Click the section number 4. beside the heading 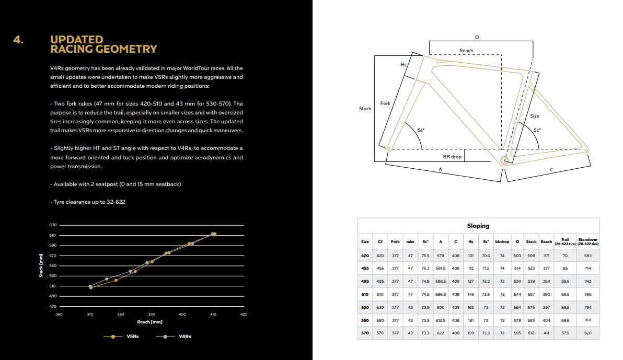click(x=19, y=40)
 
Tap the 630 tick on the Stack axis click(x=53, y=225)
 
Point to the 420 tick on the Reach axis click(x=244, y=315)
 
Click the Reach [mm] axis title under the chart click(x=149, y=322)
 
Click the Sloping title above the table click(x=478, y=226)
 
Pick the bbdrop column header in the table click(x=502, y=241)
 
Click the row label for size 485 click(x=365, y=281)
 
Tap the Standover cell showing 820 click(x=588, y=333)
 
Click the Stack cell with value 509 click(x=531, y=256)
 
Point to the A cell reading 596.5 click(x=441, y=294)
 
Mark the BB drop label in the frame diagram click(x=452, y=157)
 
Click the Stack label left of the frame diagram click(x=365, y=109)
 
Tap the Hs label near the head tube click(x=403, y=65)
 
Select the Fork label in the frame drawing click(x=385, y=103)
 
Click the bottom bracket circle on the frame click(x=505, y=160)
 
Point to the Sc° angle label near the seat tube click(x=537, y=130)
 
